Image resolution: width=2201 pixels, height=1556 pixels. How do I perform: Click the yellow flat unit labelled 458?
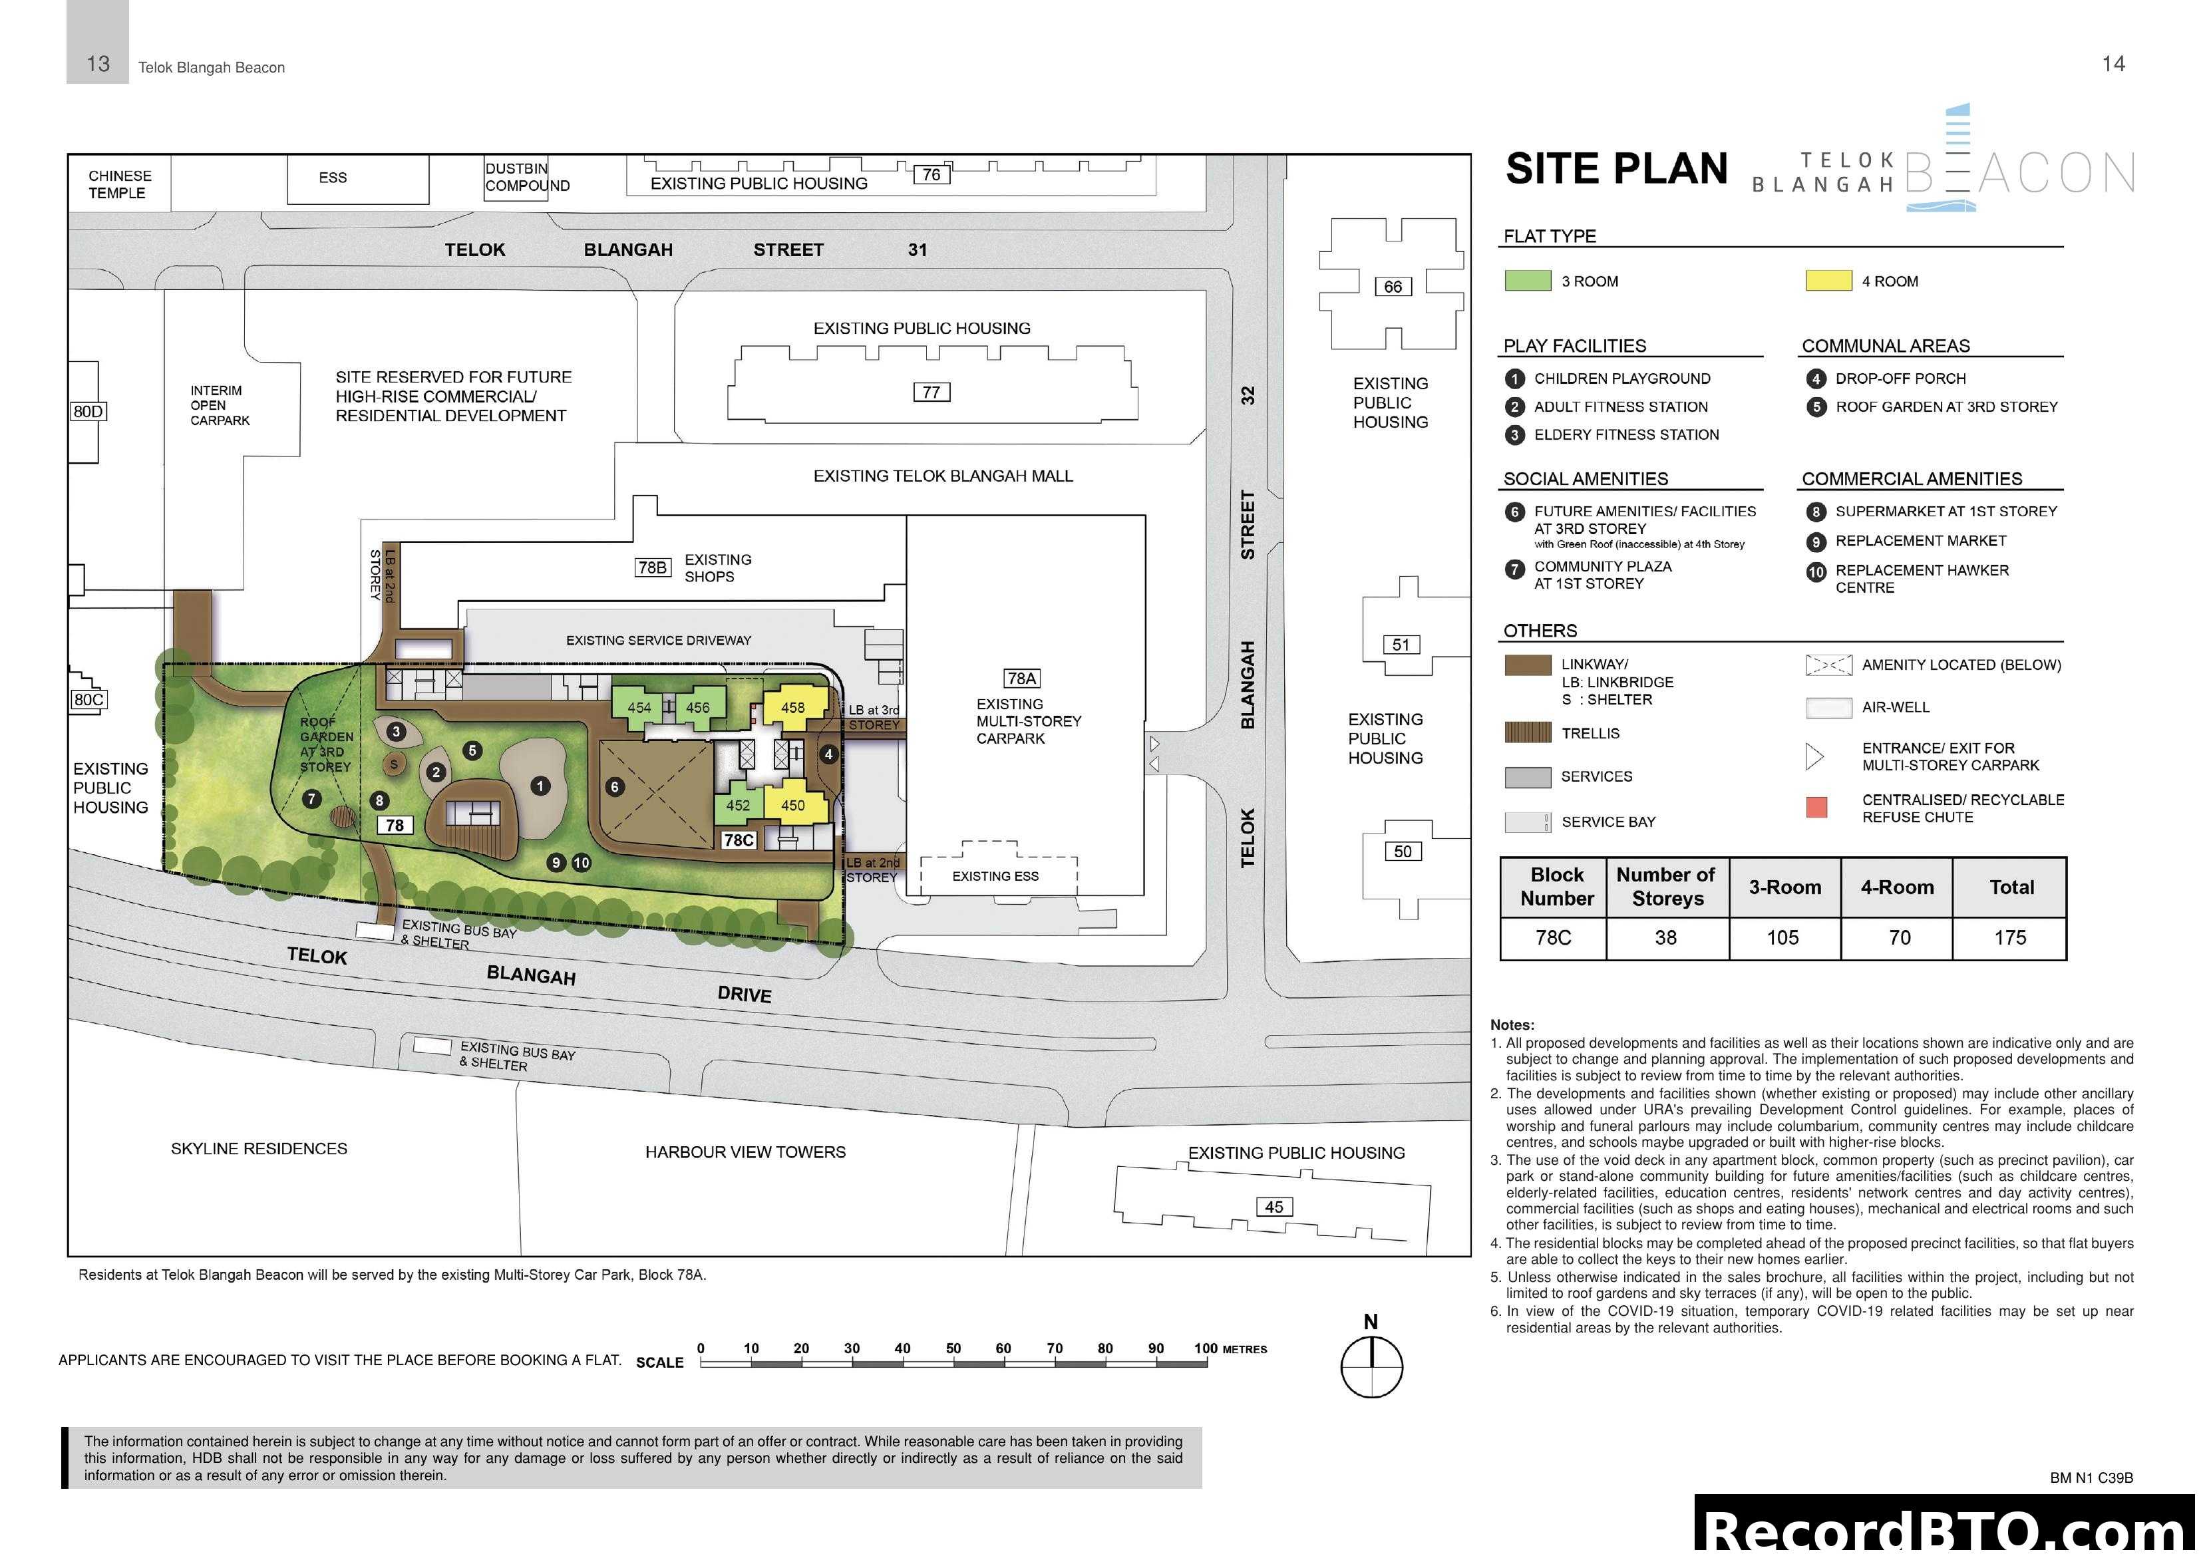(793, 708)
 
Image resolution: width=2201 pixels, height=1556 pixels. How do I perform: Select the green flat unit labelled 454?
(639, 708)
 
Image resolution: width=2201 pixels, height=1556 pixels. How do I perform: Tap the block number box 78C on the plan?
(738, 840)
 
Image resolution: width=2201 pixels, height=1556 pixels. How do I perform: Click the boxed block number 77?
(931, 392)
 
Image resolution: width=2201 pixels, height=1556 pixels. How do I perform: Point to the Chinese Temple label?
(119, 184)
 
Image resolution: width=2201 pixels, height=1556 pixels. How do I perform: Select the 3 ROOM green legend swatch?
(1527, 281)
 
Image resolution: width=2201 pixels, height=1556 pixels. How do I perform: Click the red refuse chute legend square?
(1816, 807)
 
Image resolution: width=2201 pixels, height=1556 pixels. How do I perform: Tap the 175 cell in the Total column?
(2009, 937)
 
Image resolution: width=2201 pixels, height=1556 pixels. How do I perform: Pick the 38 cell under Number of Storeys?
(1666, 937)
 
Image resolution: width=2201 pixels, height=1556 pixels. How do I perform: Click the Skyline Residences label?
(259, 1149)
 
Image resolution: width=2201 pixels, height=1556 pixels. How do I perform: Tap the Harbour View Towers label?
(745, 1152)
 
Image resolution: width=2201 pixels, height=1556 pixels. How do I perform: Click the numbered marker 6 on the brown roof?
(615, 787)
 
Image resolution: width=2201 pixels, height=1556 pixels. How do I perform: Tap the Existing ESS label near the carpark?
(995, 876)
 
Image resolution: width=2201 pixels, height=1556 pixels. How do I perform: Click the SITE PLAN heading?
(1616, 169)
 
